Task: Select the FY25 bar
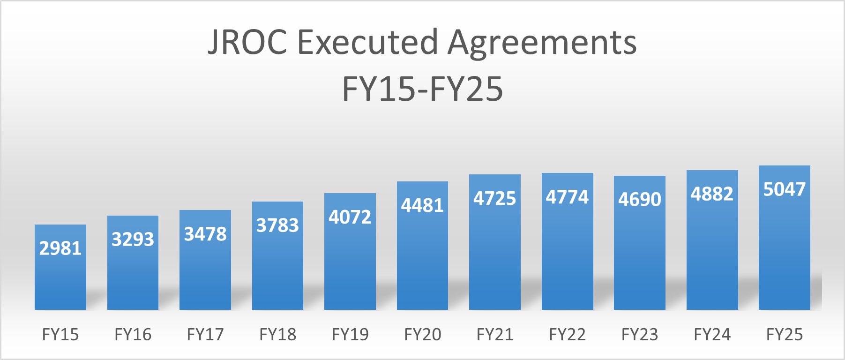784,253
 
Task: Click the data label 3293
133,240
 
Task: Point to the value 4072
350,217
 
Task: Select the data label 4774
567,197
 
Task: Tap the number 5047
784,189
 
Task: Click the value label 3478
205,234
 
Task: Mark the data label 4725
494,199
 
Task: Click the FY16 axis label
133,335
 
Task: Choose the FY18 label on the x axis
277,335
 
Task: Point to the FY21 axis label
494,335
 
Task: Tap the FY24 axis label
712,335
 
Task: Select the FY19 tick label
350,335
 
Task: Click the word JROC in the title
247,42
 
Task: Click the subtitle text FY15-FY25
422,89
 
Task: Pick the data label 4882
712,194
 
